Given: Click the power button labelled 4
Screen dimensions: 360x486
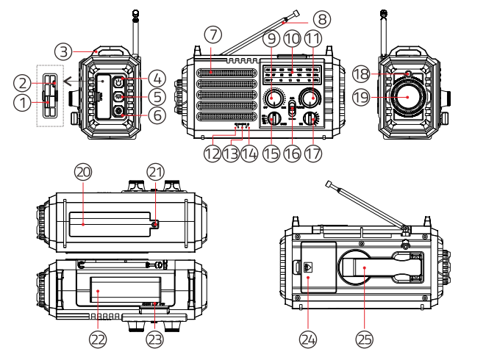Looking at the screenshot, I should pyautogui.click(x=119, y=82).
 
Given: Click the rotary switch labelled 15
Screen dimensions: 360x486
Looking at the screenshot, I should pyautogui.click(x=274, y=118).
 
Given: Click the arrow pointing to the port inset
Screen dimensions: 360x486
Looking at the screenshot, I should pyautogui.click(x=67, y=80).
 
